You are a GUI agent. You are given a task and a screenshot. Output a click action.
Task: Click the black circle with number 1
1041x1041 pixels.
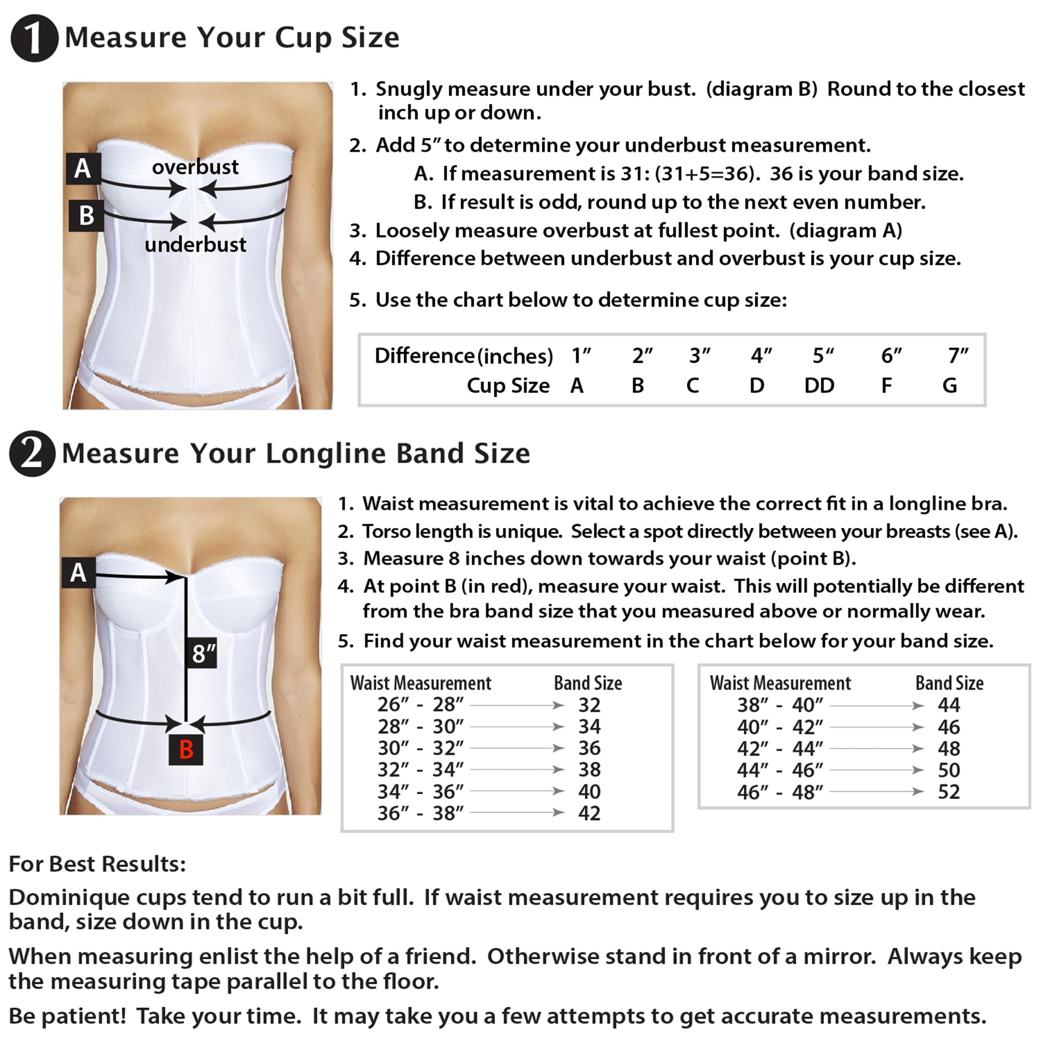(x=34, y=37)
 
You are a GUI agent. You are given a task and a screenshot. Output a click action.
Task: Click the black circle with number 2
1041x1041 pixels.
(x=32, y=453)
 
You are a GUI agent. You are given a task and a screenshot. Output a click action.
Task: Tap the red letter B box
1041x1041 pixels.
(x=186, y=749)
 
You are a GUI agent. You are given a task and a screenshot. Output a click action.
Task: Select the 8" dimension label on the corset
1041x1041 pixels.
(x=203, y=653)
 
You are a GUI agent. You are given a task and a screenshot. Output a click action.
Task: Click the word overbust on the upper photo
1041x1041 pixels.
(x=195, y=167)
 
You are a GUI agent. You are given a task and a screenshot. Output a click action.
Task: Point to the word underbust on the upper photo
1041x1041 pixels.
(x=195, y=245)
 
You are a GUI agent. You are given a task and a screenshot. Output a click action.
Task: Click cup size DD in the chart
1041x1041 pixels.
(x=819, y=385)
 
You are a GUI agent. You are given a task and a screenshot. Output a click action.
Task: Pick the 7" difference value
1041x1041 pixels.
(x=958, y=356)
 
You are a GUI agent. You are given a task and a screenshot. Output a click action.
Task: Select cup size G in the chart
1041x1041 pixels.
(x=949, y=385)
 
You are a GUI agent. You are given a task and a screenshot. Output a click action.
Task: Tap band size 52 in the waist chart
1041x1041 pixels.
(x=948, y=792)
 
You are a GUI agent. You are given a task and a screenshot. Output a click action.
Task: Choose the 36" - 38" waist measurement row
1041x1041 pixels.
(x=420, y=813)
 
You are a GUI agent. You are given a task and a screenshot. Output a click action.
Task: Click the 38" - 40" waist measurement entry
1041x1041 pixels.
(x=780, y=705)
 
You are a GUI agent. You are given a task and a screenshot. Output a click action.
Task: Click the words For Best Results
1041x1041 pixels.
(x=97, y=864)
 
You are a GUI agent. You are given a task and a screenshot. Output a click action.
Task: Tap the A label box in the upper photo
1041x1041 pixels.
(x=82, y=169)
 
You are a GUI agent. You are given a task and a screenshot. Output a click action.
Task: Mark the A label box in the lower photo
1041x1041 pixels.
(x=78, y=572)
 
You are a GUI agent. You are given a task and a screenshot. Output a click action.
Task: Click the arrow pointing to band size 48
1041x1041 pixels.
(x=877, y=748)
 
